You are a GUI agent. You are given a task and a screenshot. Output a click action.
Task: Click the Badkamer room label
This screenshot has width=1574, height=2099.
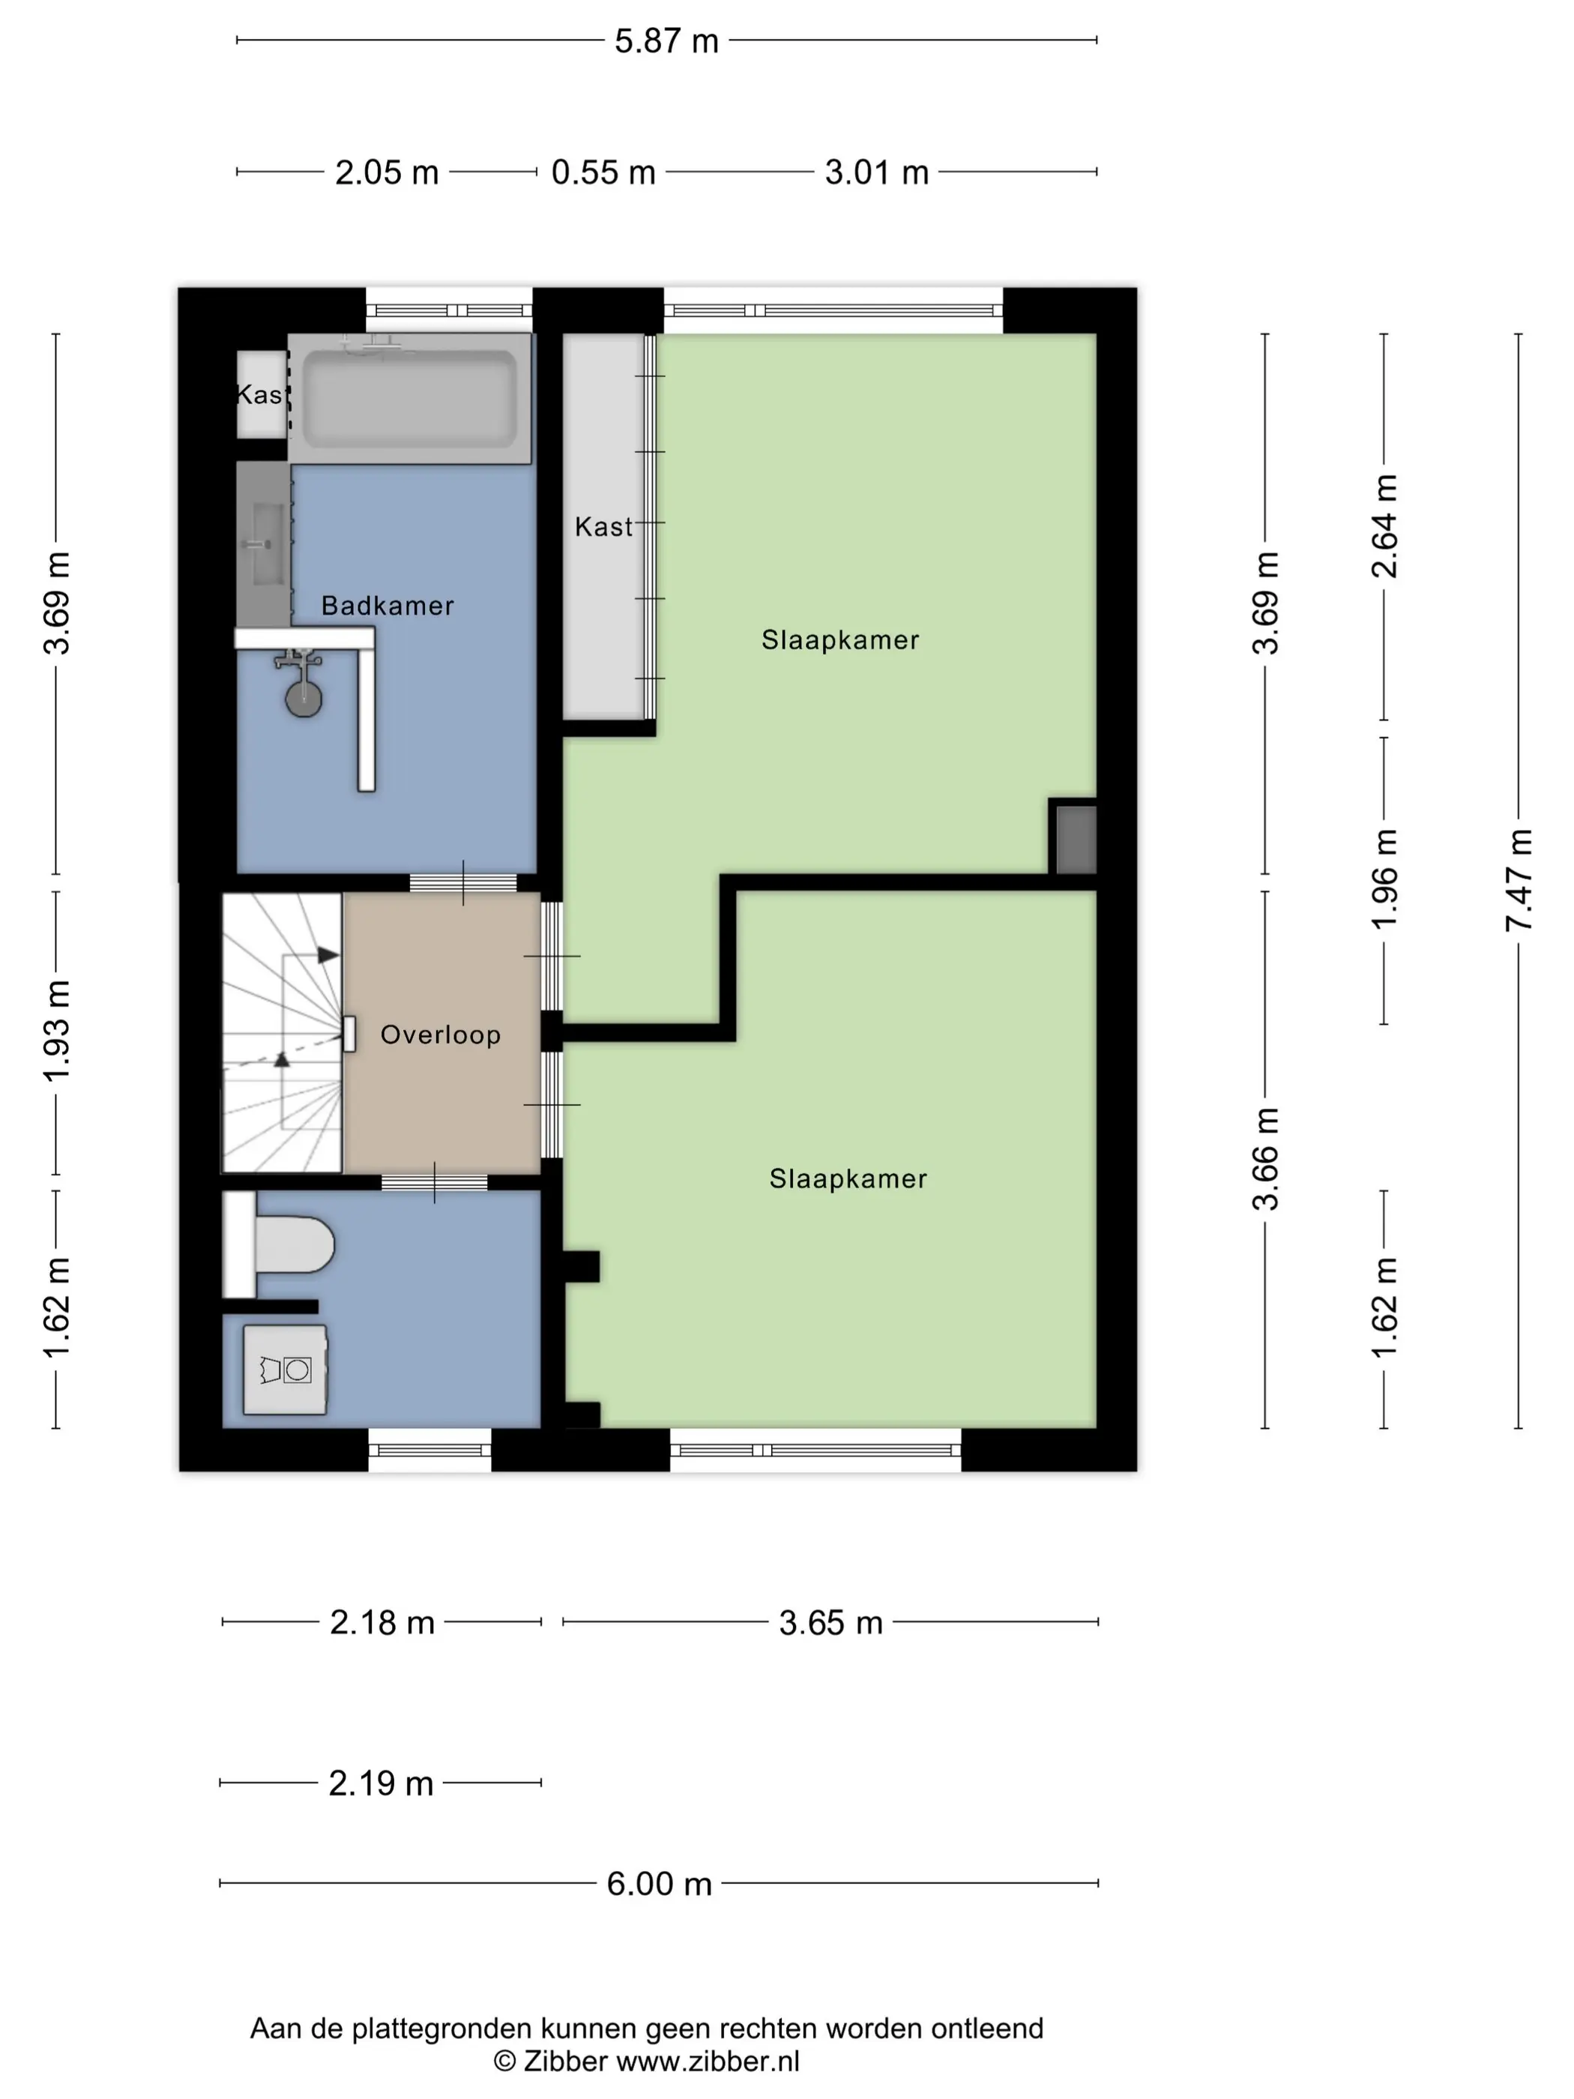(x=387, y=606)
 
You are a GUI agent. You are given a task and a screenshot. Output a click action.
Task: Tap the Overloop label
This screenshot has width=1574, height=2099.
(x=440, y=1035)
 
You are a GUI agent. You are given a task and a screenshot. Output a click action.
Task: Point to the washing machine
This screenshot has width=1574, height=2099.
(x=286, y=1370)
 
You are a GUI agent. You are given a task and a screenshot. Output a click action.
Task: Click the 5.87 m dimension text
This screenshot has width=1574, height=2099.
(x=666, y=40)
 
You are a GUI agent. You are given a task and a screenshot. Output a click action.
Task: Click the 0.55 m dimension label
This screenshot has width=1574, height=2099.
(x=603, y=172)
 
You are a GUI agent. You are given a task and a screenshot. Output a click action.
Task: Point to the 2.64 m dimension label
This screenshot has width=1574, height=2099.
(x=1384, y=525)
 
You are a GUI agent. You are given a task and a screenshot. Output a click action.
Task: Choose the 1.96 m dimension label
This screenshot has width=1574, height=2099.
(x=1384, y=879)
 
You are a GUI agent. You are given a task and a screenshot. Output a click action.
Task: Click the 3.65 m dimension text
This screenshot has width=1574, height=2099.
(x=831, y=1623)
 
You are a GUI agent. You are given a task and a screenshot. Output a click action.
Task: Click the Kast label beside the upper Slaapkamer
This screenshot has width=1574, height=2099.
(x=603, y=527)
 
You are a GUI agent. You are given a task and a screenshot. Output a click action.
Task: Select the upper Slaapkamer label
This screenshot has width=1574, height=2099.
(x=841, y=639)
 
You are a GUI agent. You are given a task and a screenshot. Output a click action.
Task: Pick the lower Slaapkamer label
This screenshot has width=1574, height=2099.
(x=848, y=1178)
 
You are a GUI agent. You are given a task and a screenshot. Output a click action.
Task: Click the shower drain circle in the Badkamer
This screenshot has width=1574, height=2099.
(x=304, y=699)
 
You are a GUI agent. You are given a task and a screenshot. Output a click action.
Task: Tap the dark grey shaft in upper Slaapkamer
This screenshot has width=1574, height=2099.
(x=1076, y=839)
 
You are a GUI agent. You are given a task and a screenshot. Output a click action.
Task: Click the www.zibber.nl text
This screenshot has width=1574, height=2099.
(x=708, y=2061)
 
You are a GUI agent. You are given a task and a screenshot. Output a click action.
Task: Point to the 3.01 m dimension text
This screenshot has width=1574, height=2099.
(x=877, y=172)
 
